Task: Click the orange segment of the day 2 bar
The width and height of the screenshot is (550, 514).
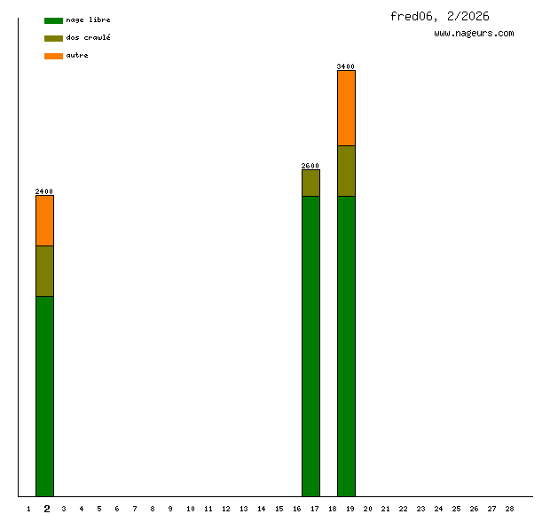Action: pos(44,220)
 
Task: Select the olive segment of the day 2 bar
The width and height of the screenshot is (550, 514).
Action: pos(44,270)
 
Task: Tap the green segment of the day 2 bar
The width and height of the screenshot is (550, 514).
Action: pos(44,396)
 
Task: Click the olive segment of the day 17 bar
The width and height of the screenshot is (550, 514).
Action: pos(310,183)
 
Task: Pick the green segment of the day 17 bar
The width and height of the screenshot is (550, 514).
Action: pos(310,346)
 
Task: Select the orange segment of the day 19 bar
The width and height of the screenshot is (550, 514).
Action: pos(346,107)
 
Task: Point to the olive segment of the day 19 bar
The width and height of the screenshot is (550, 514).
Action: pos(346,170)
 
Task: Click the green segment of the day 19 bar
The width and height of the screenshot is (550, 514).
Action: pos(346,346)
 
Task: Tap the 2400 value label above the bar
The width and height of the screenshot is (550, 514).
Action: pos(44,191)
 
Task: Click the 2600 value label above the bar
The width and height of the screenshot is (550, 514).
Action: pos(310,166)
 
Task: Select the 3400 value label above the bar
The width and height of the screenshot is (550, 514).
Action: pos(346,66)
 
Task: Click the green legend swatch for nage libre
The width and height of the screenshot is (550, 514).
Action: pos(53,20)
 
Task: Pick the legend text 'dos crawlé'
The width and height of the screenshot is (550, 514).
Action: pos(88,38)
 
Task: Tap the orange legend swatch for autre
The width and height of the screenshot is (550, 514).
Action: pos(53,56)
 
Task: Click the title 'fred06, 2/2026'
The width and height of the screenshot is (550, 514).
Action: pos(439,16)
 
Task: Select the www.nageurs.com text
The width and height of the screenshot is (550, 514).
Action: pos(474,34)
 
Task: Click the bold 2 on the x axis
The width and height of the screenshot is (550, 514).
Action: pos(47,509)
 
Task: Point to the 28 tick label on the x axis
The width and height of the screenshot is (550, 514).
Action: pos(509,509)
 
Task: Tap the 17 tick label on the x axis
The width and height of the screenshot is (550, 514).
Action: pos(315,509)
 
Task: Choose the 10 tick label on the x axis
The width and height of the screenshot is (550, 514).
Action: pos(190,509)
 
